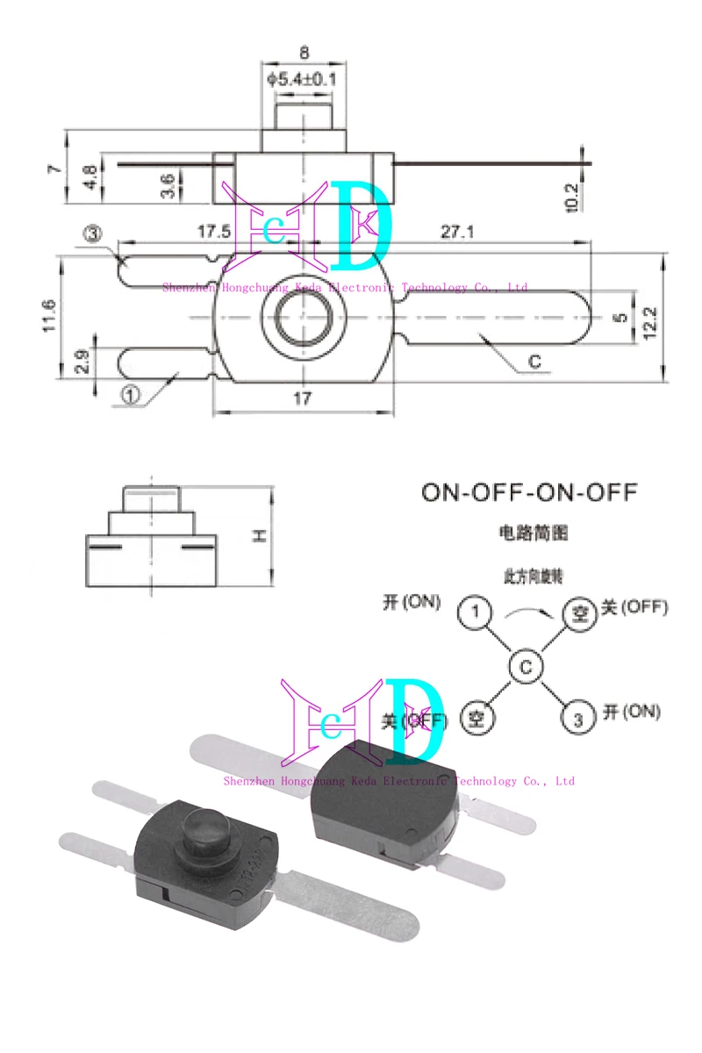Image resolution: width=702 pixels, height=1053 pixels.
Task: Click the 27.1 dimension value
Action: [457, 232]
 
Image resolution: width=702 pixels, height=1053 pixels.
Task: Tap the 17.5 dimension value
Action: [212, 232]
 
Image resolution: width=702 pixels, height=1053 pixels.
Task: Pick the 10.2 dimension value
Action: [571, 197]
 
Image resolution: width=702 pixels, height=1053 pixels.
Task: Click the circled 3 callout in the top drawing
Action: [94, 234]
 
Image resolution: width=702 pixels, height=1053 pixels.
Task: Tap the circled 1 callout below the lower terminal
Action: [131, 396]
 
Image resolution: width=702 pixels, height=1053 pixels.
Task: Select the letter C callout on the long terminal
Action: [534, 360]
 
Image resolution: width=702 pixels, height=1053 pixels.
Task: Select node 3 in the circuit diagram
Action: [577, 720]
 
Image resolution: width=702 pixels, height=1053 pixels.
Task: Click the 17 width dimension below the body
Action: [302, 398]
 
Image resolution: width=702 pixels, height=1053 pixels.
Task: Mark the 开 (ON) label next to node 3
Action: [631, 712]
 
